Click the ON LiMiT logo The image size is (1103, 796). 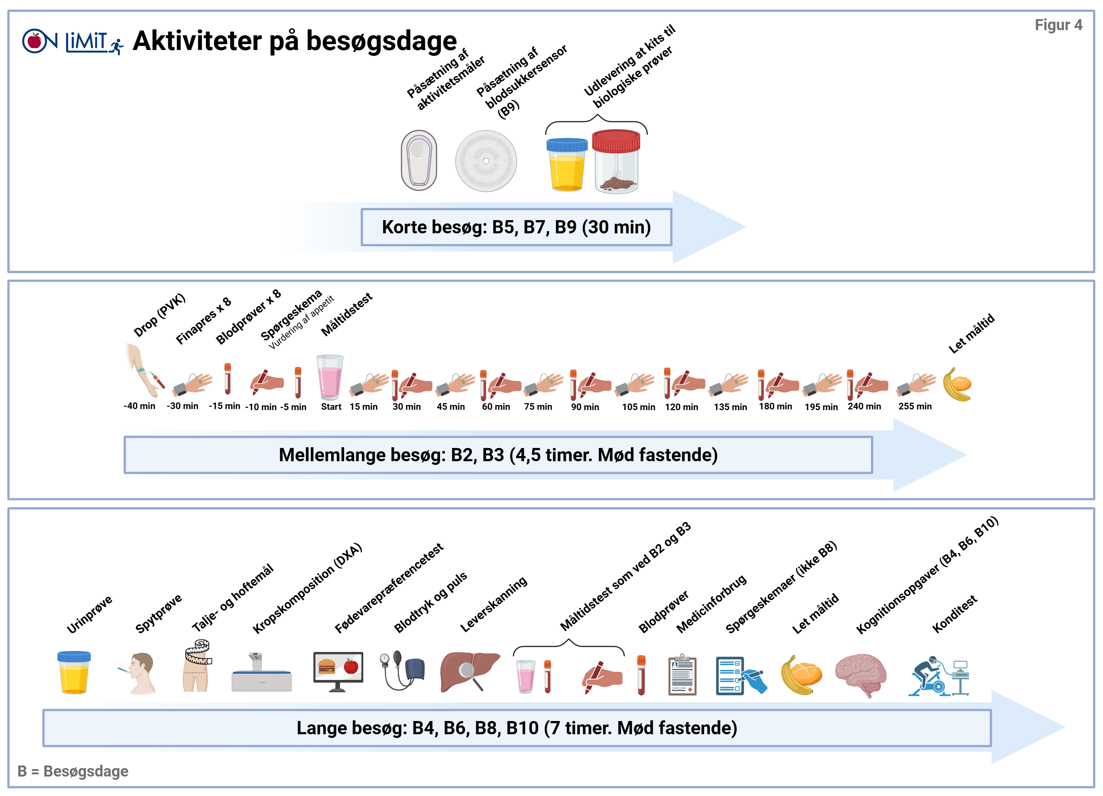(x=73, y=41)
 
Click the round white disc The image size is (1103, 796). (x=486, y=161)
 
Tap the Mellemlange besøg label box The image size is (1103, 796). (x=498, y=455)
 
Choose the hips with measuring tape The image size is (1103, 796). (x=195, y=672)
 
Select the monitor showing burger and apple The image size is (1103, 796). (x=338, y=671)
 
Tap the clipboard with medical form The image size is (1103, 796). (x=682, y=675)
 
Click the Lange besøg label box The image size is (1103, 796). (x=517, y=728)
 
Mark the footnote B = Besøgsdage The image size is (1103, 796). (x=73, y=771)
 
